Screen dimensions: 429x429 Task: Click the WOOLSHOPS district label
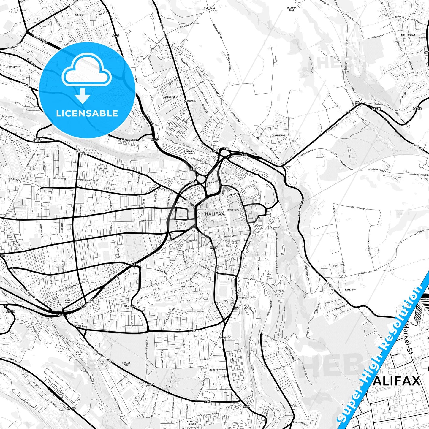coord(232,210)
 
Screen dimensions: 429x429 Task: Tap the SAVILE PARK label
coord(126,363)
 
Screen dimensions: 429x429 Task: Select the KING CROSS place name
coord(67,301)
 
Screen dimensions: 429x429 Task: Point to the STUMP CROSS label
coord(355,103)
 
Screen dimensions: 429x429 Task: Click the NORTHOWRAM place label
coord(408,35)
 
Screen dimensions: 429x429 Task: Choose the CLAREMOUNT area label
coord(278,135)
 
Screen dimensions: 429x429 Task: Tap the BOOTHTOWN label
coord(190,101)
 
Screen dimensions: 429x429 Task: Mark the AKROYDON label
coord(170,97)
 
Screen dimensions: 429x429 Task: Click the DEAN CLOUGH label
coord(189,152)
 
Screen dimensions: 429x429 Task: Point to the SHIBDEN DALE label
coord(291,9)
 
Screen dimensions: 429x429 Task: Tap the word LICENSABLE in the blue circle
coord(87,113)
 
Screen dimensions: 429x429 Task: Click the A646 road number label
coord(151,384)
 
